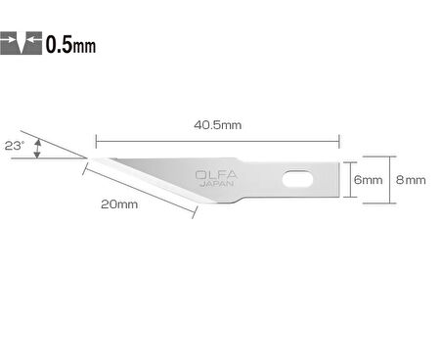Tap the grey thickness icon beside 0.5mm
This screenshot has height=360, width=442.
[x=22, y=44]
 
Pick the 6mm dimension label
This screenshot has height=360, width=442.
[x=368, y=180]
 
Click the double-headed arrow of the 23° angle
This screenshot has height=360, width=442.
[x=37, y=149]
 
